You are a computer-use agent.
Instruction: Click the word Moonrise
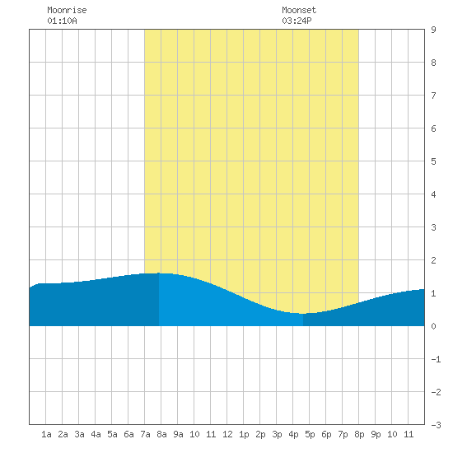[67, 10]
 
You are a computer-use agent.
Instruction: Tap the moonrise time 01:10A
[62, 21]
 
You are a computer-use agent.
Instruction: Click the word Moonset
[299, 10]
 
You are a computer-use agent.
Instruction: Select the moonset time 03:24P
[297, 21]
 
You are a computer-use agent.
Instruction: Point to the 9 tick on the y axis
[433, 30]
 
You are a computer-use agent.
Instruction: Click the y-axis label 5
[433, 161]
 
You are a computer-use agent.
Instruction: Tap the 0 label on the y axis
[433, 326]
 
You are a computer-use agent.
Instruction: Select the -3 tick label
[436, 425]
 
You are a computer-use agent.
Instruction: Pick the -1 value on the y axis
[436, 359]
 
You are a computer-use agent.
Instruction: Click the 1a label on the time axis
[46, 434]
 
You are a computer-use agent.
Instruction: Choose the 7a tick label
[145, 434]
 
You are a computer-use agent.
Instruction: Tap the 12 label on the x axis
[227, 434]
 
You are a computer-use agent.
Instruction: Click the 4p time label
[293, 434]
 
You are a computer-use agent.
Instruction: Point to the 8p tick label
[359, 434]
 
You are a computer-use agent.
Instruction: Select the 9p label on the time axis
[376, 434]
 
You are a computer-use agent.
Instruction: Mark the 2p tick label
[260, 434]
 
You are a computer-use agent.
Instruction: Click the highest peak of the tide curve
[159, 273]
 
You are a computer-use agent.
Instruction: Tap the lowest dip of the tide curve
[302, 314]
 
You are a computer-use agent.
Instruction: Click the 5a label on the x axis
[112, 434]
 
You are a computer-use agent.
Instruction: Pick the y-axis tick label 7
[433, 96]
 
